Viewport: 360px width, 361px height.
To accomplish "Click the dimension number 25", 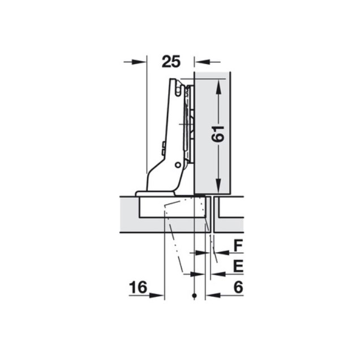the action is click(x=172, y=62).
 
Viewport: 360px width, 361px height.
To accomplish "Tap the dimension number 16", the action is click(x=138, y=287).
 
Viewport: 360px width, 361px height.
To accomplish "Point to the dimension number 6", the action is click(x=238, y=287).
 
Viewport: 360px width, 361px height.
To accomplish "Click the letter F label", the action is click(x=238, y=245).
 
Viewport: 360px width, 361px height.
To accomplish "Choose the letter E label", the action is click(x=238, y=266).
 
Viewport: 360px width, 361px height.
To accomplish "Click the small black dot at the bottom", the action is click(x=195, y=296).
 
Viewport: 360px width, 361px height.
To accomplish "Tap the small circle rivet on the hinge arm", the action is click(x=178, y=165).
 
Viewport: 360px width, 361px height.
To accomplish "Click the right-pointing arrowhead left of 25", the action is click(x=139, y=62).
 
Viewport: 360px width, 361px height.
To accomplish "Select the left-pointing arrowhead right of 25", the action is click(x=202, y=62).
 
